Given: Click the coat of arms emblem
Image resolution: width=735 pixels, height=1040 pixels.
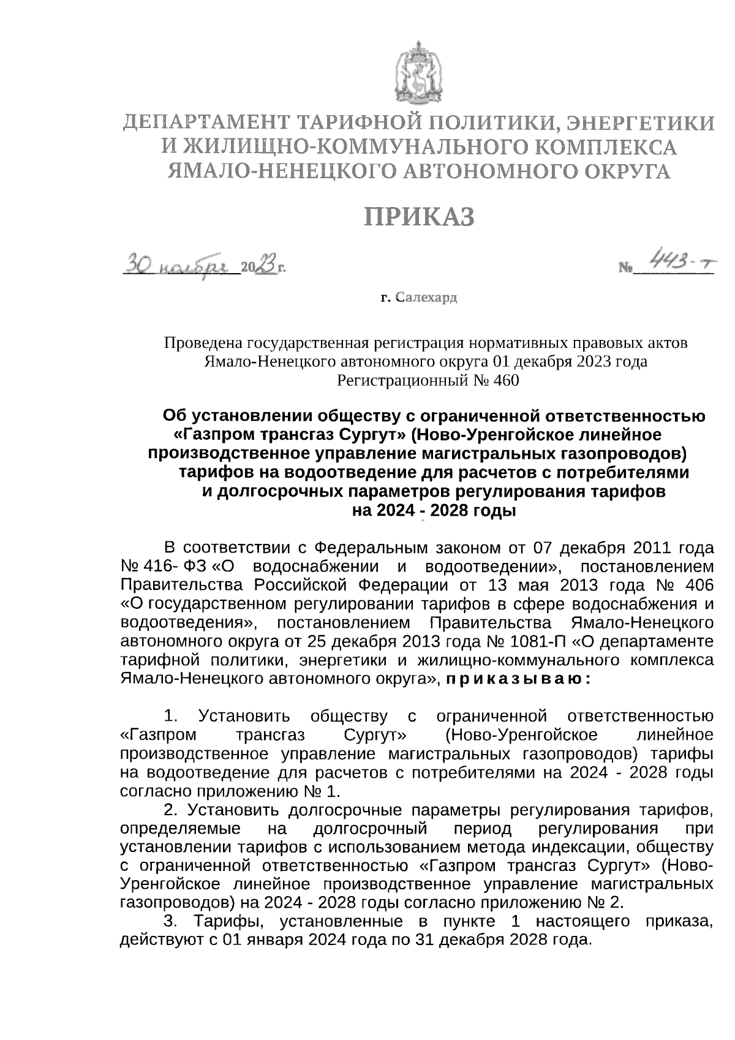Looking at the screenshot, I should pos(420,72).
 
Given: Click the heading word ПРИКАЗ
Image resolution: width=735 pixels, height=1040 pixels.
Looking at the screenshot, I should pos(420,217).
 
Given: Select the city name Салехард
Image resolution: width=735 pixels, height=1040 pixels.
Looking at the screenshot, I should pos(426,298).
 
